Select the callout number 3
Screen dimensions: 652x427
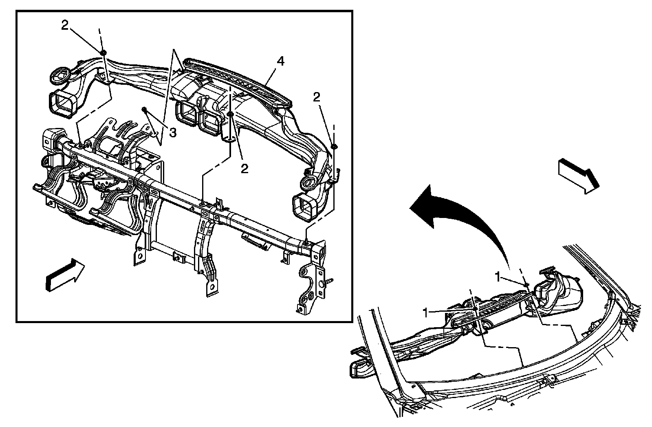click(x=173, y=133)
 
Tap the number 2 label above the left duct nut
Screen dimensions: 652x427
click(x=65, y=25)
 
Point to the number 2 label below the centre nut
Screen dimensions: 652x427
click(x=244, y=169)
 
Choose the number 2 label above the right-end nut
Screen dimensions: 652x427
click(x=317, y=97)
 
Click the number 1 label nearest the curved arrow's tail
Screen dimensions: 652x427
click(x=498, y=277)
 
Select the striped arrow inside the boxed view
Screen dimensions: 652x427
click(x=65, y=275)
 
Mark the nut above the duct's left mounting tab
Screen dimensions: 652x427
click(x=103, y=52)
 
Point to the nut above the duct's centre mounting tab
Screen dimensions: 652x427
click(x=231, y=114)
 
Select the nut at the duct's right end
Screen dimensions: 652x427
click(x=334, y=146)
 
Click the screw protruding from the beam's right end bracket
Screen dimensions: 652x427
click(x=329, y=281)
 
